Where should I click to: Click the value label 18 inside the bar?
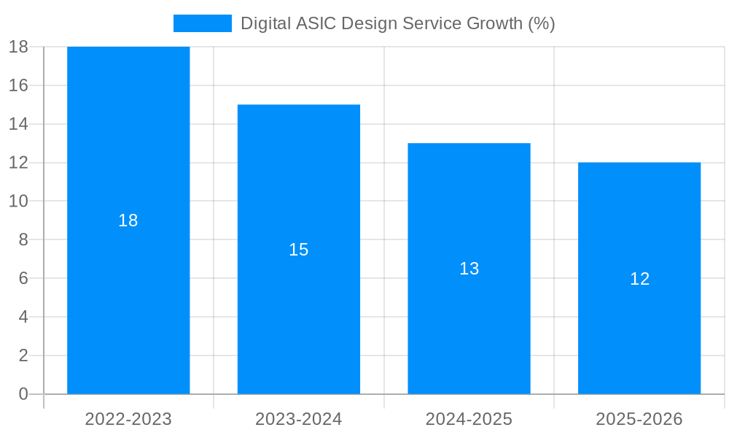[128, 220]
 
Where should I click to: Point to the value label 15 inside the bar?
[299, 250]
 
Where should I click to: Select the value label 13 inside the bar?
[469, 269]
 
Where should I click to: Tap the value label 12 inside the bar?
[639, 279]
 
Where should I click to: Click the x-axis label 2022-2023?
[128, 419]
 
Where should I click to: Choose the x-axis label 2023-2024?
[299, 419]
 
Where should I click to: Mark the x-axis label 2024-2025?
[469, 419]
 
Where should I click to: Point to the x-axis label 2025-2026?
[639, 419]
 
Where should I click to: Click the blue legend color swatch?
[203, 23]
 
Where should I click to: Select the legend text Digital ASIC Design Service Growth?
[397, 23]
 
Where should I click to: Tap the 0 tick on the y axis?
[23, 394]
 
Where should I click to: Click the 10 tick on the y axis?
[18, 201]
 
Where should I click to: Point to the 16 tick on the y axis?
[18, 85]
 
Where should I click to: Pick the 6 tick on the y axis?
[23, 278]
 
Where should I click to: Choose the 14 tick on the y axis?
[18, 124]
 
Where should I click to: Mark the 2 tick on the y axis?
[23, 356]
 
